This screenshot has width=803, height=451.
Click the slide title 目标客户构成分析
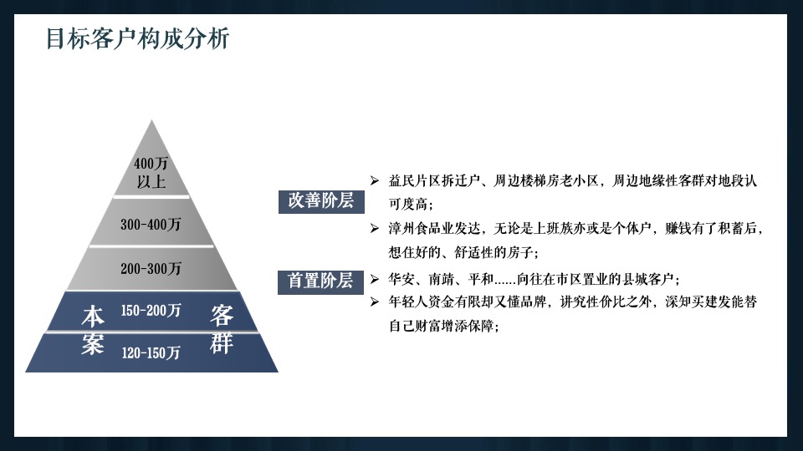136,39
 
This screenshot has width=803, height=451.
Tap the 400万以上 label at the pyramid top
151,171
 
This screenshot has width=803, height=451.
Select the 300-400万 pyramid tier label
151,225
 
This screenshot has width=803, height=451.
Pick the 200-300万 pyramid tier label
151,269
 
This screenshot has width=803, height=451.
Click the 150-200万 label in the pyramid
151,311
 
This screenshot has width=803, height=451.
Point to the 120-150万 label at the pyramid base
151,352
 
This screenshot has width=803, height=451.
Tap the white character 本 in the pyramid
93,316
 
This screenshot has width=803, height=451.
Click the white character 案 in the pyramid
93,343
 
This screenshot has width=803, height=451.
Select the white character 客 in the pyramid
222,316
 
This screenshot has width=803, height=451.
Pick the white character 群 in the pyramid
222,343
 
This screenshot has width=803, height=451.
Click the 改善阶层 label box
320,201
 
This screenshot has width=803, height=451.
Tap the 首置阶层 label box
320,281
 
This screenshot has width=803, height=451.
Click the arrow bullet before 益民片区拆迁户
375,180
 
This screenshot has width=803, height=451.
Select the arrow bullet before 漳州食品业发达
375,227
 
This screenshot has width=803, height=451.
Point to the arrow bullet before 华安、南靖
375,279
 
